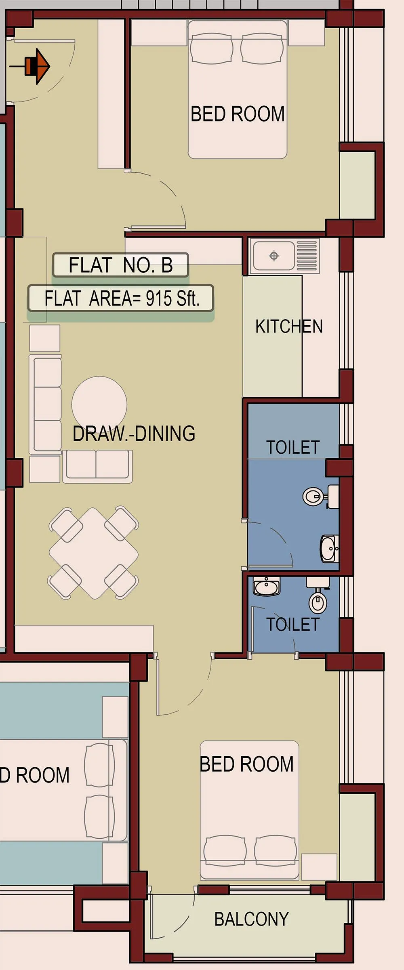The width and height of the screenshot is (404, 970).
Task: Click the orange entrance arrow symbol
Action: point(38,66)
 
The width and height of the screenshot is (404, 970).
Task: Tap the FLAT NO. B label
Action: point(120,265)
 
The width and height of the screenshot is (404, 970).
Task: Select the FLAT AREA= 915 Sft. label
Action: point(120,299)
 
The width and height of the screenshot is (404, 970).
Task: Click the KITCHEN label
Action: point(289,326)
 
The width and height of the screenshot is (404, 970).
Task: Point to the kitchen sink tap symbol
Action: point(274,256)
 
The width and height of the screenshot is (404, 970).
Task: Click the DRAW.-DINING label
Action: point(134,433)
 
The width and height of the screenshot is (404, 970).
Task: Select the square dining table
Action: point(94,553)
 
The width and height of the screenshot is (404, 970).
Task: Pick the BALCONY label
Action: point(251,919)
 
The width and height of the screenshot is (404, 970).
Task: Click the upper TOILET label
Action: point(293,447)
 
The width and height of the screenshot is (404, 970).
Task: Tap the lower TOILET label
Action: point(293,625)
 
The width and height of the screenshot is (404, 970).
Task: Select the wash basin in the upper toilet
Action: point(328,549)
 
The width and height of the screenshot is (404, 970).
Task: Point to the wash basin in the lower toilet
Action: point(267,586)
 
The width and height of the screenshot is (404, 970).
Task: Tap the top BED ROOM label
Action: point(238,114)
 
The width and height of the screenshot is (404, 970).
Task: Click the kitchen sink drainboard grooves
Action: point(307,256)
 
